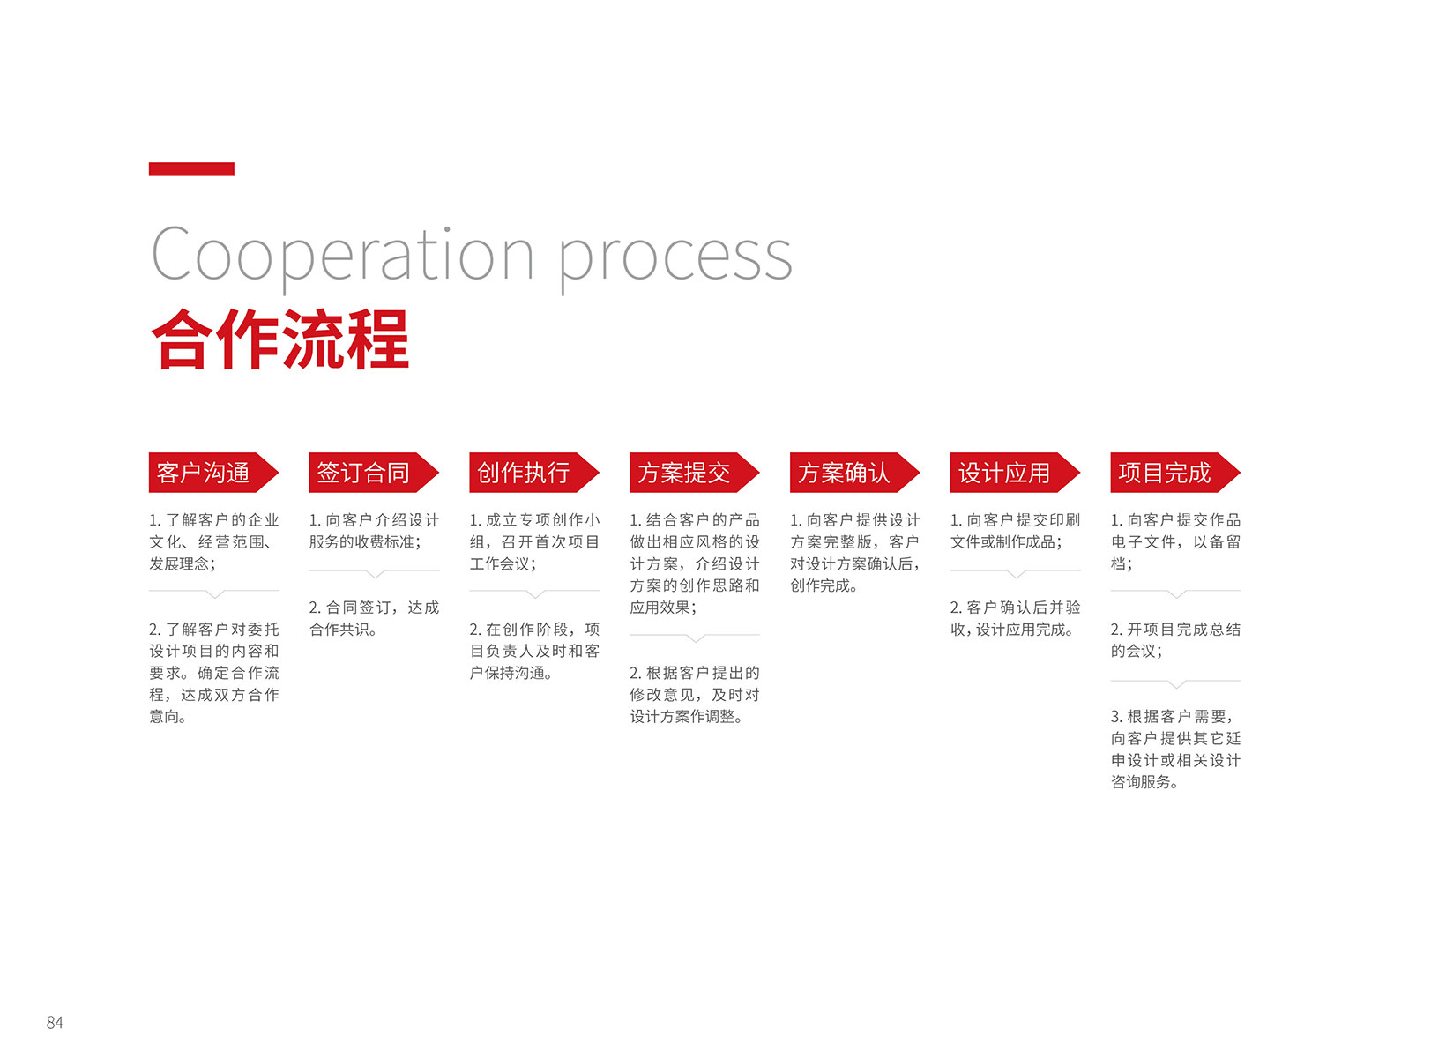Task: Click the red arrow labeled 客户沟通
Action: tap(214, 473)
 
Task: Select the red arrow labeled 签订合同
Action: tap(375, 473)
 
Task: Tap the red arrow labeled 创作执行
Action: tap(534, 473)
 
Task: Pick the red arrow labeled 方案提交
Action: tap(695, 473)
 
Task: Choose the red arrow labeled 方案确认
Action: tap(855, 473)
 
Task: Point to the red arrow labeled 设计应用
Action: tap(1016, 473)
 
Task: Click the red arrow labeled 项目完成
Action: tap(1176, 473)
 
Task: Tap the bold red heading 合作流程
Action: tap(279, 339)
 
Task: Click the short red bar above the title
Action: tap(191, 169)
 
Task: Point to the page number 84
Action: tap(55, 1023)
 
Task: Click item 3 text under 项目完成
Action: tap(1176, 749)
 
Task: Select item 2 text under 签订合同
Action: tap(375, 618)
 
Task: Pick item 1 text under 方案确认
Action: tap(855, 553)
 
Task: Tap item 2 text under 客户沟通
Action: tap(214, 673)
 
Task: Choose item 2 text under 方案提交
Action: tap(695, 695)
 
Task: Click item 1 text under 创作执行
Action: tap(534, 541)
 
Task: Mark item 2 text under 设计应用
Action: tap(1016, 618)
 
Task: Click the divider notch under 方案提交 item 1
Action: tap(695, 638)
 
